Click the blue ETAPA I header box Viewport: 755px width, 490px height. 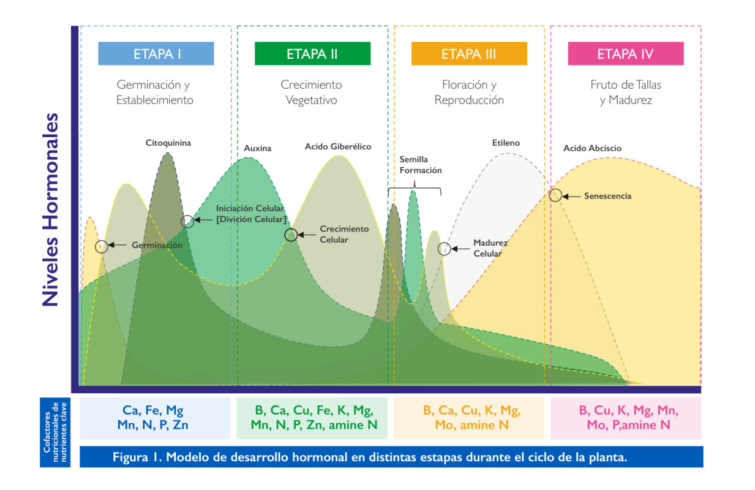pos(156,53)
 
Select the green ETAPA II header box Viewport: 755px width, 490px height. pos(312,53)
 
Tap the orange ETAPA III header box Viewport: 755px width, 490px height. pos(469,53)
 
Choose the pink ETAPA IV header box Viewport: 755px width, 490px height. pos(626,53)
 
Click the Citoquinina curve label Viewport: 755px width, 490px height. pos(168,143)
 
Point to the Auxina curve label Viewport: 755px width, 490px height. pos(258,148)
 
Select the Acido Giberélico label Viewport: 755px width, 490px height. pos(338,147)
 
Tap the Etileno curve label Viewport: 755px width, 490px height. pos(506,143)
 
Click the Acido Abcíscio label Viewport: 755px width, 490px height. pos(593,148)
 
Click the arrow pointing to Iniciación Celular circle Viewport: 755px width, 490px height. pos(203,220)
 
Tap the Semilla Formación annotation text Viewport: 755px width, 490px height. pos(421,165)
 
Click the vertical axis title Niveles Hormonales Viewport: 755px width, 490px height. pos(50,209)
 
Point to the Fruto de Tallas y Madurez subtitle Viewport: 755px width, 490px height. pos(626,92)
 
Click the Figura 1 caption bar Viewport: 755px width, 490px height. pos(391,457)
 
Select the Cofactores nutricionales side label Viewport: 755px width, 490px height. pos(55,432)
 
